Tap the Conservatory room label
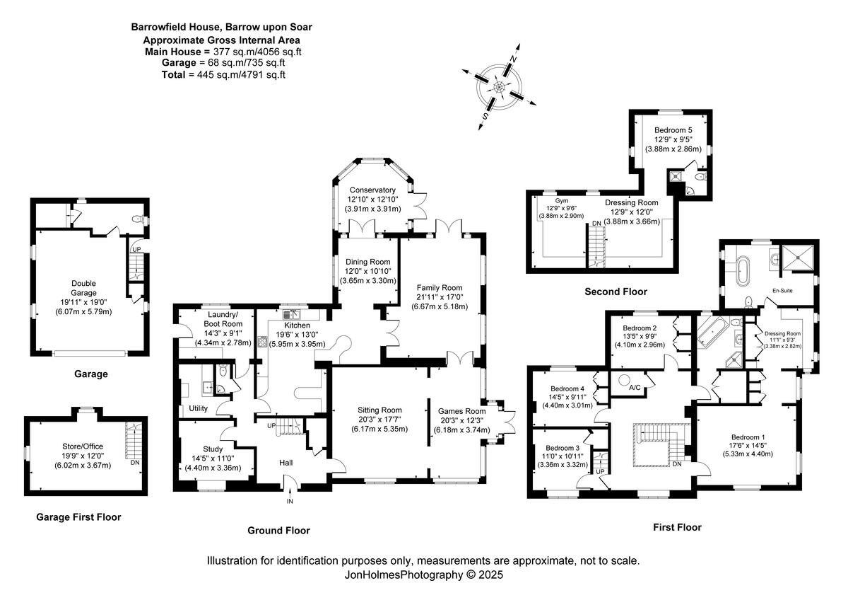click(372, 190)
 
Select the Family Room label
click(439, 288)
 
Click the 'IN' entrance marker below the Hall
click(289, 502)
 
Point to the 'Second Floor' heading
click(616, 292)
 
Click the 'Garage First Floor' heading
click(78, 517)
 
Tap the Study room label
click(213, 449)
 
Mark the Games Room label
click(461, 410)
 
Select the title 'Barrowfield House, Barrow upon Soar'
click(221, 27)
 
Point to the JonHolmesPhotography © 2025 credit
click(423, 575)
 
